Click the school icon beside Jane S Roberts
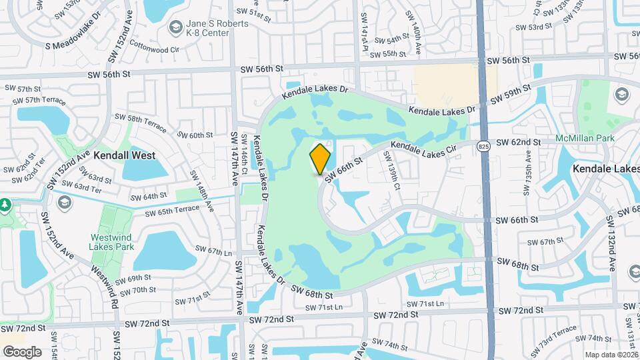[x=175, y=27]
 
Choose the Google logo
[x=22, y=351]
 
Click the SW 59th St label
[x=511, y=94]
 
